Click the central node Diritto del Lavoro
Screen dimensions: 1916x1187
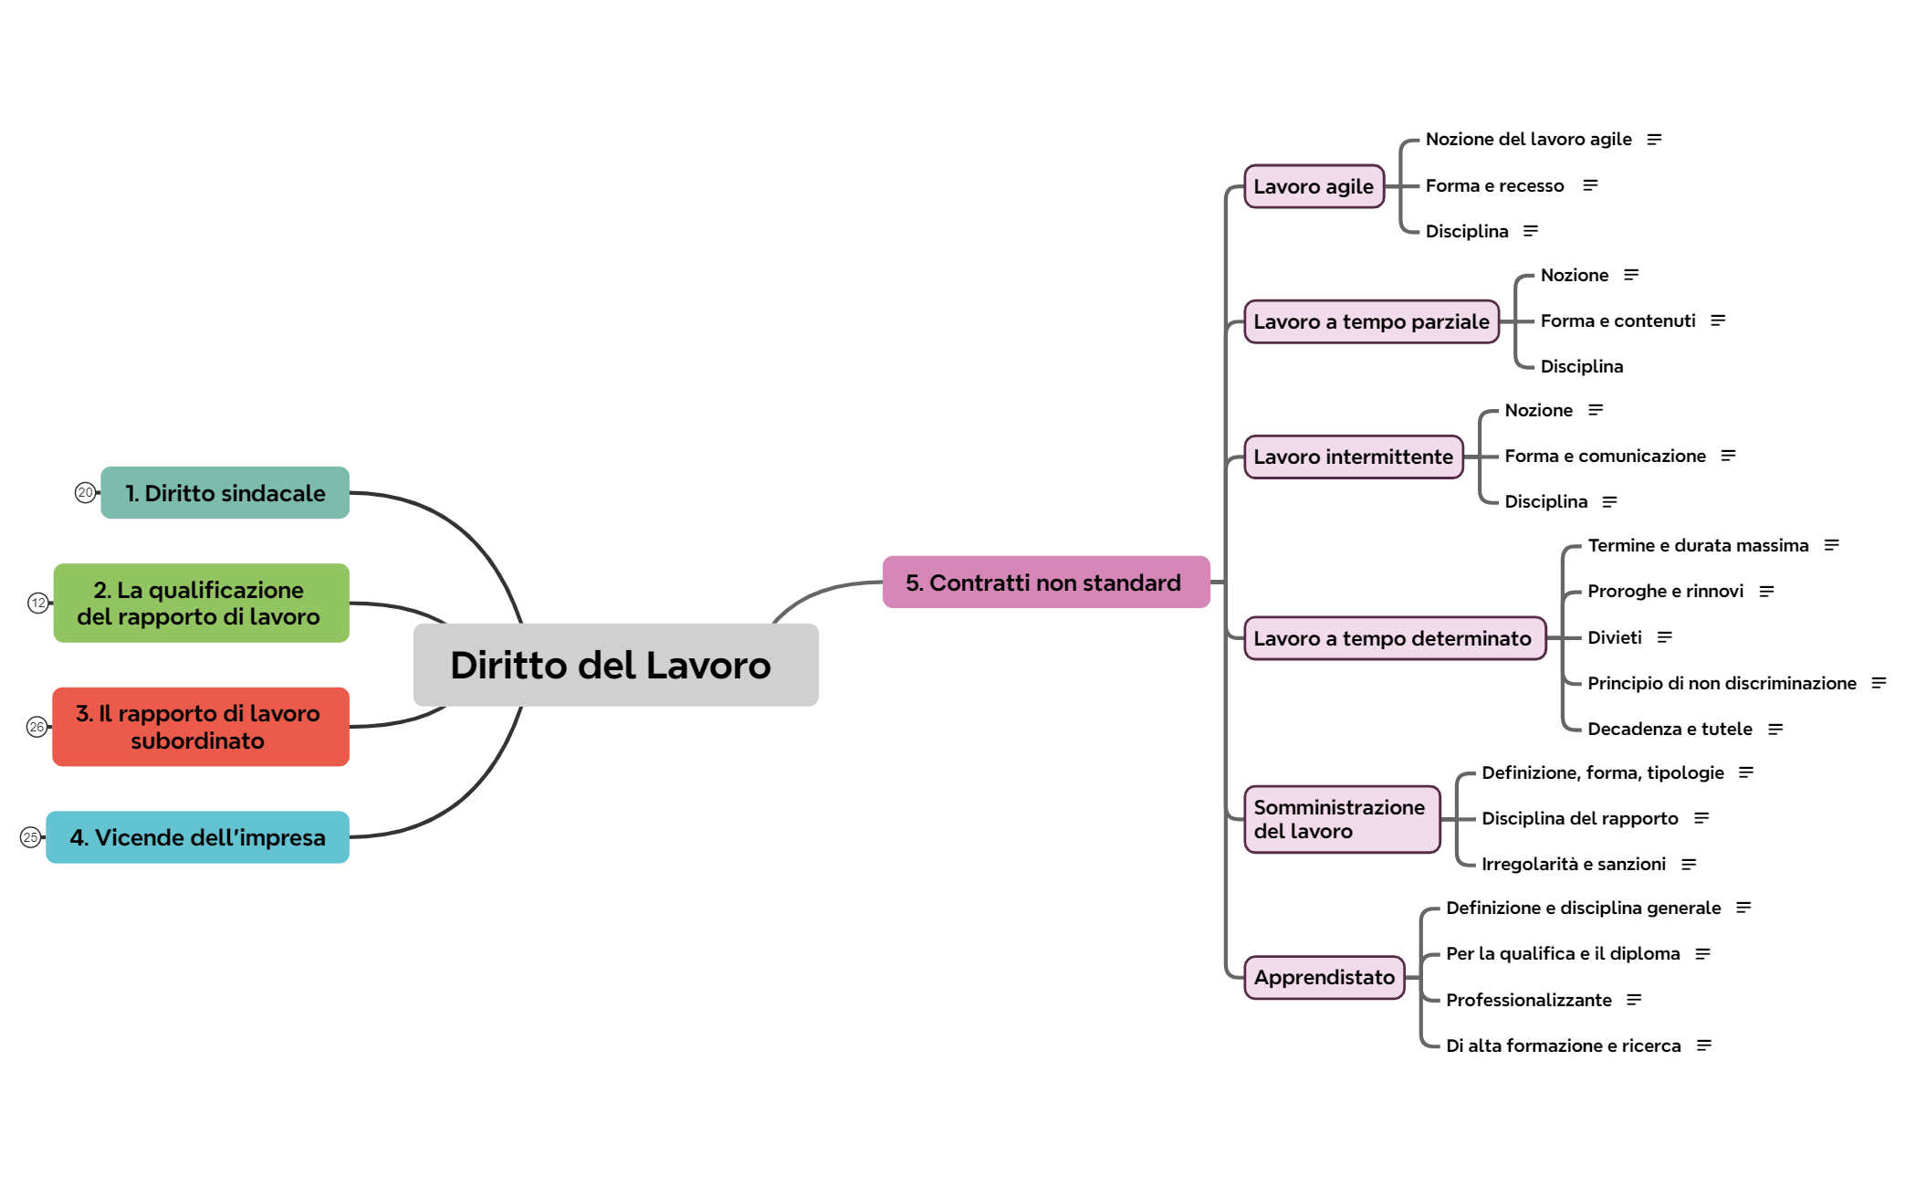(615, 665)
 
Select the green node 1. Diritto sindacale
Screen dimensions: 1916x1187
(225, 493)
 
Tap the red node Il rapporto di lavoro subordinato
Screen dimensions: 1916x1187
(201, 727)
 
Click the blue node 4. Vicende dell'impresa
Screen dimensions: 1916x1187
(197, 837)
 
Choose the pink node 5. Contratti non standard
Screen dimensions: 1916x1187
(1046, 582)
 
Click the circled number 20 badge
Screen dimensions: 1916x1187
(85, 492)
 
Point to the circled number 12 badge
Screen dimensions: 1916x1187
(38, 603)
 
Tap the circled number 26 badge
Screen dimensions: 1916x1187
(37, 727)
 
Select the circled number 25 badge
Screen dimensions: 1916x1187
(30, 837)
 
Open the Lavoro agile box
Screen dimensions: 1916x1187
(1314, 186)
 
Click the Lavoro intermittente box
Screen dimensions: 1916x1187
(1354, 457)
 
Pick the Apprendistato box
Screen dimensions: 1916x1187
(1324, 977)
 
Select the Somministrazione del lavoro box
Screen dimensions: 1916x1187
(1342, 819)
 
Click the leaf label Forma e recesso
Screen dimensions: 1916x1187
(1495, 185)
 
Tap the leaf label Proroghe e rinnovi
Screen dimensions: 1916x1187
(1666, 591)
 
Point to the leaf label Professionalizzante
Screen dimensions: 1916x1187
(1529, 1000)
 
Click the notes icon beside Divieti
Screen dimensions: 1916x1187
(1665, 637)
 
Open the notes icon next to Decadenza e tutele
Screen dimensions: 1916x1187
(1775, 729)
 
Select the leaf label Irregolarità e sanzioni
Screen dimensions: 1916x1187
(1574, 864)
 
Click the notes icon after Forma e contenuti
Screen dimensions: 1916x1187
(1718, 320)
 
